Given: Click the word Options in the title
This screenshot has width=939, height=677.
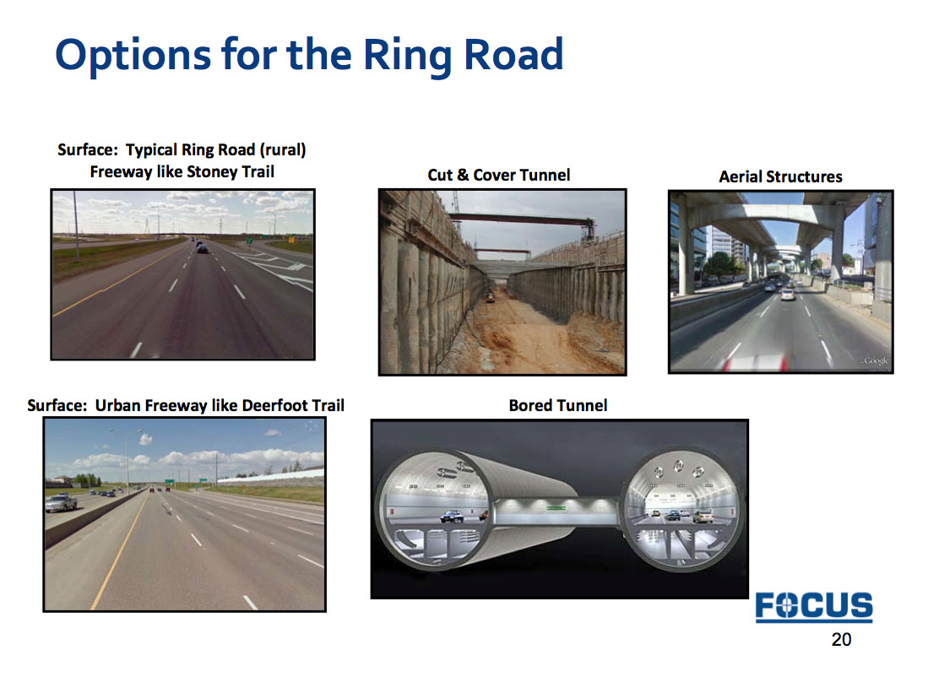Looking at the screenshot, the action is (133, 56).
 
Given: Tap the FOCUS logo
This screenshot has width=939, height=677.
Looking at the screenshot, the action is (814, 606).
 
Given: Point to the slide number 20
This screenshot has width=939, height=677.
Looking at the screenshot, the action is (841, 639).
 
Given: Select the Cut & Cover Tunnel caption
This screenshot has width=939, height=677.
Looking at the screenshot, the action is (499, 175).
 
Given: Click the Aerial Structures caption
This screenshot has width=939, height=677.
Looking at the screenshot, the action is (780, 176).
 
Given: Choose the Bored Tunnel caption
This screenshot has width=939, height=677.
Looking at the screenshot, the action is (558, 405).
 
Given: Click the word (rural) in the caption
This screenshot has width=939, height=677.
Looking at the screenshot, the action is (282, 149).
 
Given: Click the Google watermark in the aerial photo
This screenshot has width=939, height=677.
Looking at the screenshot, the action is (877, 361).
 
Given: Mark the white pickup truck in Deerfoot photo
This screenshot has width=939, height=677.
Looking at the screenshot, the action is (61, 502).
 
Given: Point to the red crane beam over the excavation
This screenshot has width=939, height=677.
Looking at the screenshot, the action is (521, 219).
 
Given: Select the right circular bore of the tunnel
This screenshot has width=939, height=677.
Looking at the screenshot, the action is (682, 512).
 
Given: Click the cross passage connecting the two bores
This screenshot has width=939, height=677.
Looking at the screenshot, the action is (557, 512).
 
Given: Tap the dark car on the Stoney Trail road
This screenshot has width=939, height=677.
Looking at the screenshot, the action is (203, 249).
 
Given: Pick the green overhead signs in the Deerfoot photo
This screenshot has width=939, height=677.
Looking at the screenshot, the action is (187, 480).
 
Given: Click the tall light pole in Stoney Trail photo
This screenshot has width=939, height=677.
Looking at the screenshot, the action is (76, 225).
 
